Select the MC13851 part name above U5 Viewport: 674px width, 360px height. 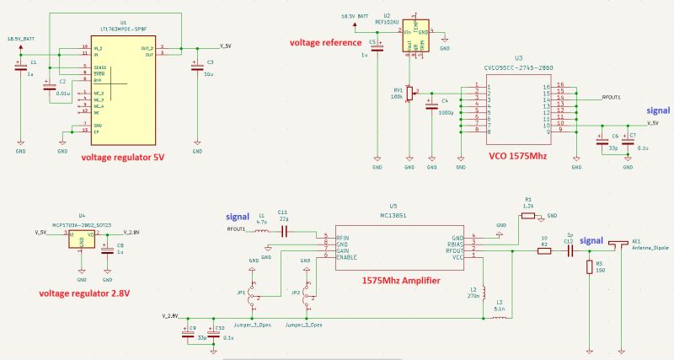click(x=393, y=215)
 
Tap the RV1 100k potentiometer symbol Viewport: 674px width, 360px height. click(x=409, y=93)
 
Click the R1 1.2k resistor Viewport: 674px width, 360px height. click(x=528, y=216)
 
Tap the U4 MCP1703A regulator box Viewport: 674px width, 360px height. click(x=82, y=239)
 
